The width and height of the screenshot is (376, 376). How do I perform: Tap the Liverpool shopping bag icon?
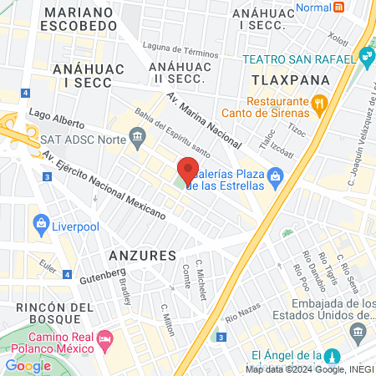coord(39,223)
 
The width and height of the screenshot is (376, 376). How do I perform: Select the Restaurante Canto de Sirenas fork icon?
coord(318,104)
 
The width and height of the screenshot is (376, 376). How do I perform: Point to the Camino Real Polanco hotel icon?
coord(105,340)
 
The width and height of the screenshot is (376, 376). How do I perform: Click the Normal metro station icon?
coord(338,7)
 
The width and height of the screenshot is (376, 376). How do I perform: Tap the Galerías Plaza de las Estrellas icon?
coord(280,175)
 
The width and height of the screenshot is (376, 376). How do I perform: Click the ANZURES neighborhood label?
coord(142,254)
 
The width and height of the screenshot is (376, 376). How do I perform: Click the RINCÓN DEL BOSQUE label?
coord(53,315)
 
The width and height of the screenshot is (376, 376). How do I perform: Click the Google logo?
coord(28,365)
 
